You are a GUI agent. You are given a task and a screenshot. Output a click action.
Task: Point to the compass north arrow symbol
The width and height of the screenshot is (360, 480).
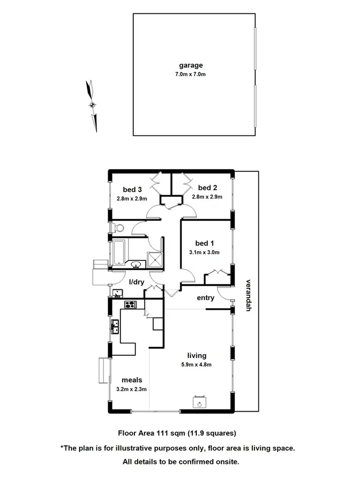[x=93, y=105]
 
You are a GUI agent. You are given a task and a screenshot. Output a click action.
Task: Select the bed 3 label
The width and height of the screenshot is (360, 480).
[x=132, y=189]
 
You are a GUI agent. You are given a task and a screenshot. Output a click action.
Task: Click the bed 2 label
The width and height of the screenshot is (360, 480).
[x=207, y=187]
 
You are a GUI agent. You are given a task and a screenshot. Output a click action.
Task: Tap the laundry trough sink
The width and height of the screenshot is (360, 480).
[x=118, y=292]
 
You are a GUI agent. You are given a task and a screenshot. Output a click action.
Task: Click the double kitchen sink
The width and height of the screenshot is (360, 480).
[x=115, y=326]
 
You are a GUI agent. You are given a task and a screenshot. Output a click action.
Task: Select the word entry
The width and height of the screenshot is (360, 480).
[x=205, y=298]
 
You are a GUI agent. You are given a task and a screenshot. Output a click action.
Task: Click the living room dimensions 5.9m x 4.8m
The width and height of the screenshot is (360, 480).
[x=196, y=365]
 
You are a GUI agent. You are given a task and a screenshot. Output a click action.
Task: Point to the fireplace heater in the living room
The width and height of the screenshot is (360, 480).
[x=199, y=403]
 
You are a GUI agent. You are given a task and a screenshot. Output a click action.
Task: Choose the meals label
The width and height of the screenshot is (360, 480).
[x=132, y=380]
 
